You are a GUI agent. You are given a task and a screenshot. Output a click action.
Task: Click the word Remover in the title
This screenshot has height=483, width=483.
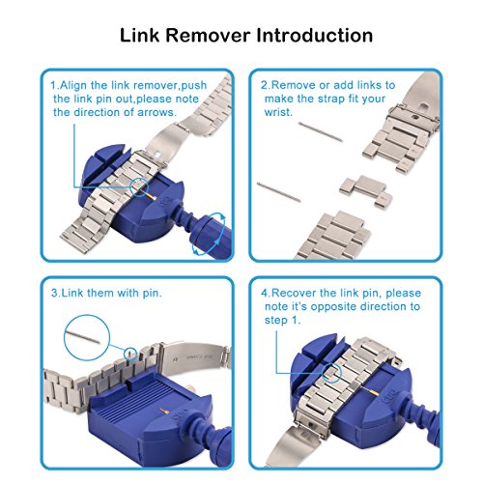208,35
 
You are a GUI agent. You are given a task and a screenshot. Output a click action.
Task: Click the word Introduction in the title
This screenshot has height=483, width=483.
315,35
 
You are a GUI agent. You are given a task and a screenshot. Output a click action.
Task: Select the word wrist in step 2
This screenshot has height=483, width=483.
278,112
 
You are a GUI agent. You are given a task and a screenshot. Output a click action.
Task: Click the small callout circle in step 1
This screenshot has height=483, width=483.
139,186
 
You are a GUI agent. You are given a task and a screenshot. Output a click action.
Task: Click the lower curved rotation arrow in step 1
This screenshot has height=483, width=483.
200,249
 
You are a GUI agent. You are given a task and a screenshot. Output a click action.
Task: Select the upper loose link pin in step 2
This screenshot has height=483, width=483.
321,131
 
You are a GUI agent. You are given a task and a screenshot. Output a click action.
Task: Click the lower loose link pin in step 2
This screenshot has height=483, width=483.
279,192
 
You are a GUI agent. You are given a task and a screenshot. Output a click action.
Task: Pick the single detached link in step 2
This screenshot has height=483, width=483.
366,192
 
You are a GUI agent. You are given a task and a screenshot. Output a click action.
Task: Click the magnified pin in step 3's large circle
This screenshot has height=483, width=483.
83,337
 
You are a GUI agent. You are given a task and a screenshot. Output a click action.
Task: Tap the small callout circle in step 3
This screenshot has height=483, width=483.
130,354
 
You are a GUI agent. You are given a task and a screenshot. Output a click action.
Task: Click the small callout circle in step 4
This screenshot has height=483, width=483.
331,373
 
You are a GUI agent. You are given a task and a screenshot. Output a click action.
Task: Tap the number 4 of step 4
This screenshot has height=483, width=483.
265,294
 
